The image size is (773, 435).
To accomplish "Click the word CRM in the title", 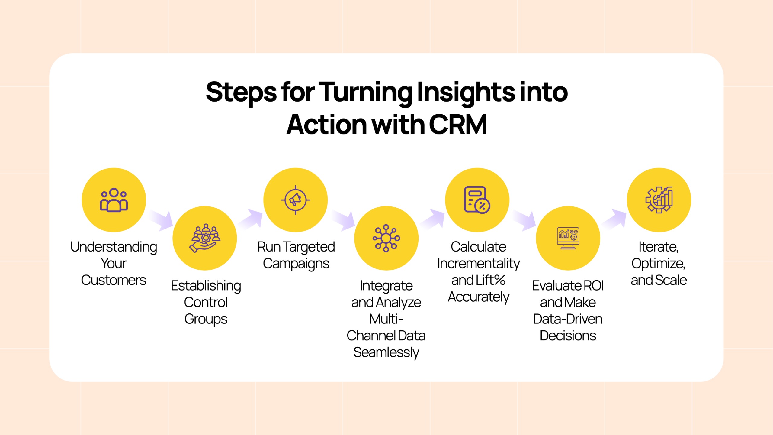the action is point(458,125).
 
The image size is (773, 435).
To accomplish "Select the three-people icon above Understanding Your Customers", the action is point(114,200).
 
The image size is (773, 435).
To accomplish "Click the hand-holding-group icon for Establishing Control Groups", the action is point(205,238).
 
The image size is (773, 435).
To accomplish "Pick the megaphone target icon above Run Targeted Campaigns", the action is point(295,200).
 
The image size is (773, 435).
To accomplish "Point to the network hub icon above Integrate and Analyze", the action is point(386,238).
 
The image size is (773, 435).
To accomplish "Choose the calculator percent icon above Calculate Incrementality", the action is point(477,200).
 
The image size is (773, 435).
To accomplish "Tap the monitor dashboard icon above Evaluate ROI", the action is point(568,238).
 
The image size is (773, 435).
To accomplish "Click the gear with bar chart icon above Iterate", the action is point(659,200).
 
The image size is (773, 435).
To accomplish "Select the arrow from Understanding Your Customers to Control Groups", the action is point(161,220).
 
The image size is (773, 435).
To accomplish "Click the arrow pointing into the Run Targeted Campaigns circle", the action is point(250,219).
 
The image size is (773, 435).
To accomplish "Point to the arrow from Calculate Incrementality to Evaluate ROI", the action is point(524,220).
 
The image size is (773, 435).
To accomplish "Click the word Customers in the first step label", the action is point(114,280).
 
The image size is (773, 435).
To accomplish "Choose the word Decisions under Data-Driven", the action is point(568,336).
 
